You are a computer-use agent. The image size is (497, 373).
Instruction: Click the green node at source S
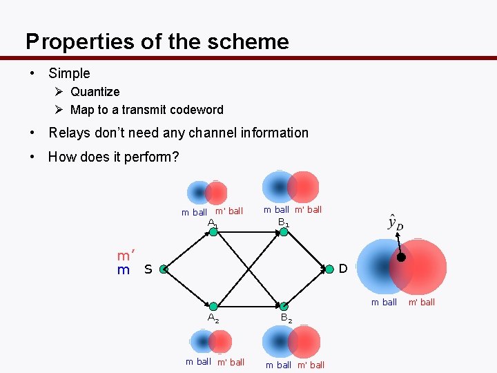coord(164,269)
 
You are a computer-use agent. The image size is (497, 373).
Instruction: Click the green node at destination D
coord(329,269)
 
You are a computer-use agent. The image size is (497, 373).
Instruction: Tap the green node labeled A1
coord(213,232)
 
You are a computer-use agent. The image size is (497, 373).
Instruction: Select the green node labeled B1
coord(283,232)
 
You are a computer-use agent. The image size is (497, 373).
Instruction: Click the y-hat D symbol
coord(395,222)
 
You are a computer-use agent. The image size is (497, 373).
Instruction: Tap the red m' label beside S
coord(126,256)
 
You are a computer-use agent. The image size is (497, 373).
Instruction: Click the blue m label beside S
coord(124,270)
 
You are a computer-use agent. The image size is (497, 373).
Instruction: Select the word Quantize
coord(95,92)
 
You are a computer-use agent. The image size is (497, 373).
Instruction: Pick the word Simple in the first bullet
coord(69,73)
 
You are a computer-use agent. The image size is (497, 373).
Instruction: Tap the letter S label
coord(148,269)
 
